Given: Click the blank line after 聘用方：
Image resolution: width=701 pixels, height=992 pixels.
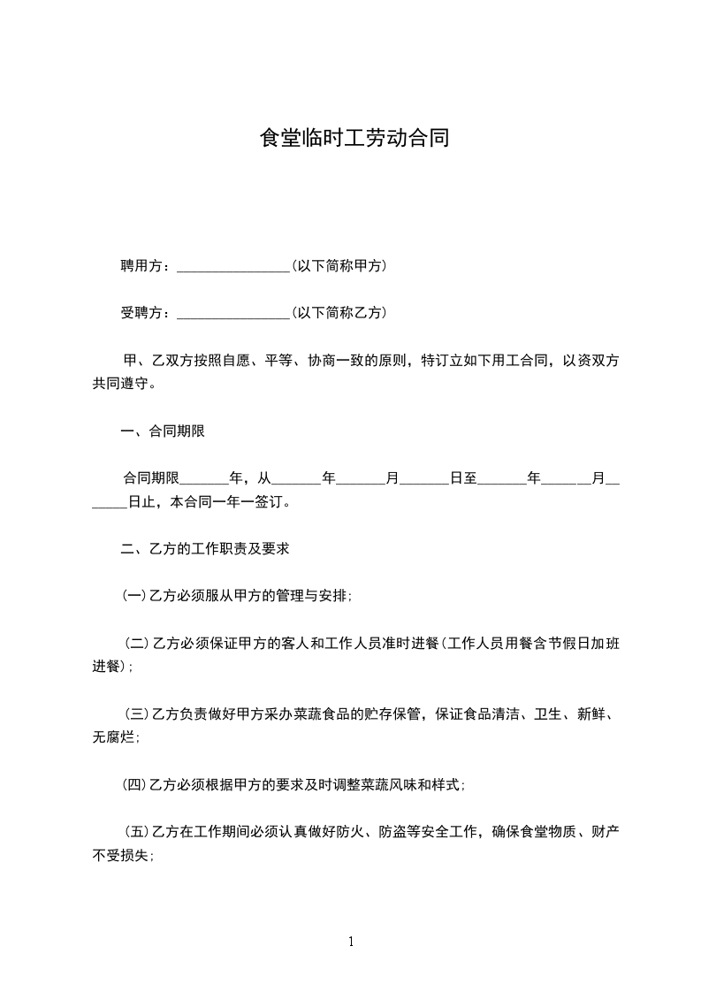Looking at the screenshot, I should (233, 267).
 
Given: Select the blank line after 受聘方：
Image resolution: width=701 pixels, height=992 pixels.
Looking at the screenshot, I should (233, 314).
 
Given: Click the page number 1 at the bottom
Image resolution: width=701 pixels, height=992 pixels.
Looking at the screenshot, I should (351, 942).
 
